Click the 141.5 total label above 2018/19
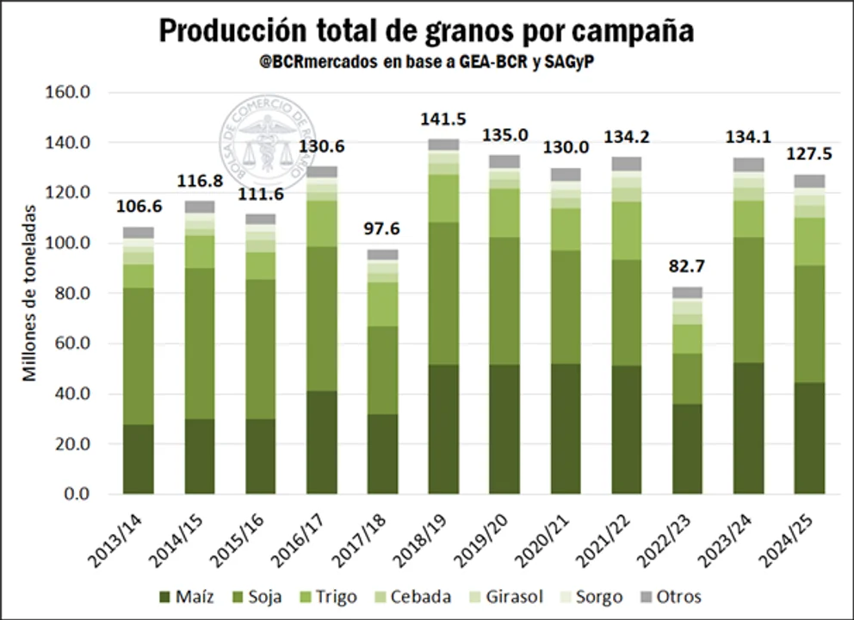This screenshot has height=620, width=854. pyautogui.click(x=442, y=120)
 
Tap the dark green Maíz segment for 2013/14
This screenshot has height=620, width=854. pyautogui.click(x=138, y=459)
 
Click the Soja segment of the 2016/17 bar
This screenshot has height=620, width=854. pyautogui.click(x=321, y=319)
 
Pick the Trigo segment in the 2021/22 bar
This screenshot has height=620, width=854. pyautogui.click(x=626, y=230)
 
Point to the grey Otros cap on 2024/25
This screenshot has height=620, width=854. pyautogui.click(x=809, y=181)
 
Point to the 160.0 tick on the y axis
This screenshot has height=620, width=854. pyautogui.click(x=70, y=92)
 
